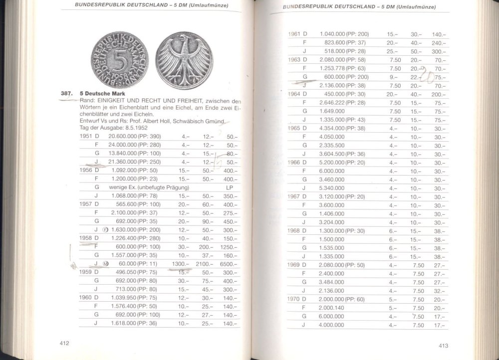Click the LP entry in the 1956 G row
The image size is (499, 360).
230,187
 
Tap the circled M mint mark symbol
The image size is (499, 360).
105,264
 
